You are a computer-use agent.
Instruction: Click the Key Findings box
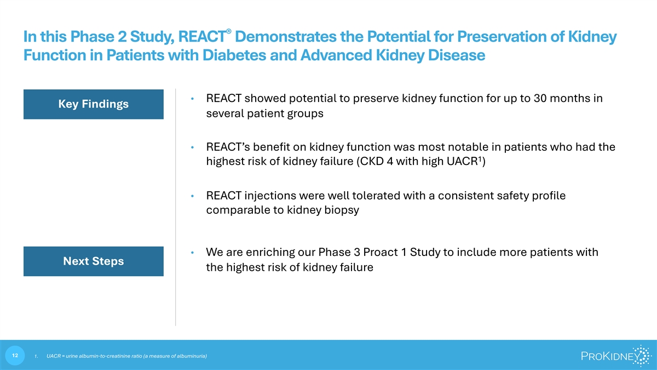[x=94, y=104]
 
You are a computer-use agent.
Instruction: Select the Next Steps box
[x=94, y=261]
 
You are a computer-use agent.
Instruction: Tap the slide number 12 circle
[x=15, y=356]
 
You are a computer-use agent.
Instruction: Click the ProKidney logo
[x=616, y=356]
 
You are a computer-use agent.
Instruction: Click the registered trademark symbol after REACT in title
[x=229, y=31]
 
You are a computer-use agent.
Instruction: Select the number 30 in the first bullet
[x=540, y=98]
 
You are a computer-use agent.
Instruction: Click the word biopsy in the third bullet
[x=342, y=210]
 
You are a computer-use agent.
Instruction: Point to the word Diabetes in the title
[x=234, y=55]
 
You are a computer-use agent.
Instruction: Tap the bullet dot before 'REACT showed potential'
[x=192, y=99]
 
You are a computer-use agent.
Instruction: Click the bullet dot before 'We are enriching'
[x=192, y=253]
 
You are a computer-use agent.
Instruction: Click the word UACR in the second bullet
[x=462, y=162]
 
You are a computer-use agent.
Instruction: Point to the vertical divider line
[x=176, y=207]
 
